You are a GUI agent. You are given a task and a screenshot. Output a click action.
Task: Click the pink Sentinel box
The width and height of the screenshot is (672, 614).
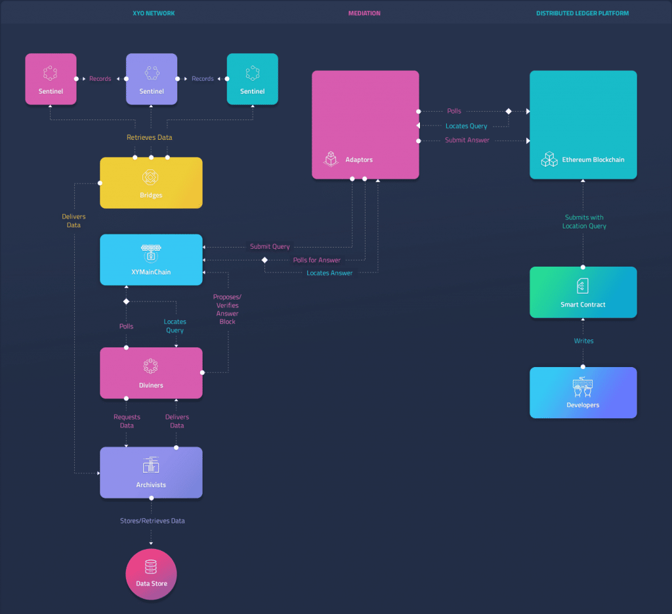[51, 79]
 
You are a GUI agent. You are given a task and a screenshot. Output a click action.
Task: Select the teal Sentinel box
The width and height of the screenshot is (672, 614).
[252, 79]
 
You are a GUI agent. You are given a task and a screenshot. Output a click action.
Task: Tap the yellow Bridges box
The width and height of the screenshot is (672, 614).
[151, 183]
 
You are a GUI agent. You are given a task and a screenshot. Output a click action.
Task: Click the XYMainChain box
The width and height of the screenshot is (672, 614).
[151, 259]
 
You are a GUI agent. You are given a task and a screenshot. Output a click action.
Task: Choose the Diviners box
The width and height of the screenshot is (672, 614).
[151, 372]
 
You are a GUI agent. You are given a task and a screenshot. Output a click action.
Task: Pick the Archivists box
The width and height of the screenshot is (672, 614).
[151, 472]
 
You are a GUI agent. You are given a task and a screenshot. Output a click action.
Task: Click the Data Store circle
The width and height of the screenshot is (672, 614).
[151, 574]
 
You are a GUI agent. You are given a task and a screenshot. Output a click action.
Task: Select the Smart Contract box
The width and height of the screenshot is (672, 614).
[583, 292]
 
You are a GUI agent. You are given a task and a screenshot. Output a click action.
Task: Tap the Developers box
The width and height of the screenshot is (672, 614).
[583, 392]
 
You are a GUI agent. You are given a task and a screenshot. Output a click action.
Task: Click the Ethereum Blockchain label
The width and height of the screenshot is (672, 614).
[593, 160]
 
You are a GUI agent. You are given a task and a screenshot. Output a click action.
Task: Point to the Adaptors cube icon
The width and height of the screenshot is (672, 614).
[331, 159]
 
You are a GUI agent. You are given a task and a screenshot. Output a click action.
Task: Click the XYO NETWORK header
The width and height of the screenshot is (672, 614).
[154, 13]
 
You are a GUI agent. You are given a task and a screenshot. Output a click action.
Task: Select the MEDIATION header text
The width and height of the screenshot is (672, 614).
[364, 13]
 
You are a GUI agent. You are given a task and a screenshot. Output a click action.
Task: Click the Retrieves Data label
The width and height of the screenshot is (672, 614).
[150, 137]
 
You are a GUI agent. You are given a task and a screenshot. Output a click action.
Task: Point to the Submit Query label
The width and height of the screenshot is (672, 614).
[270, 247]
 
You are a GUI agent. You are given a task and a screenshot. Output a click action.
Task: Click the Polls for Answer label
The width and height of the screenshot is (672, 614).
[316, 260]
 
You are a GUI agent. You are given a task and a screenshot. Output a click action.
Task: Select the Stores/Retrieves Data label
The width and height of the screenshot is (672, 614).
[152, 521]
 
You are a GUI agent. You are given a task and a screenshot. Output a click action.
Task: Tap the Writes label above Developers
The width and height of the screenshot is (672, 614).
[583, 341]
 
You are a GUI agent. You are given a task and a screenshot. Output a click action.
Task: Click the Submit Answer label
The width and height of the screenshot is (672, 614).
[467, 141]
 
